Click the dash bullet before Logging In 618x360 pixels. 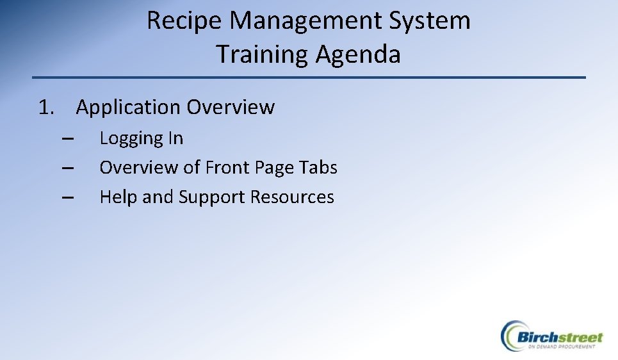tap(69, 138)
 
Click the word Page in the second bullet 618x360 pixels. tap(274, 168)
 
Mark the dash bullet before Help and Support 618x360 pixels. tap(69, 197)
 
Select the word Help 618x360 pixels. tap(118, 197)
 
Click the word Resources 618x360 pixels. tap(292, 197)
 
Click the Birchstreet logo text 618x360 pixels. tap(560, 337)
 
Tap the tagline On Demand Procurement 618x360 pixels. tap(562, 347)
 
